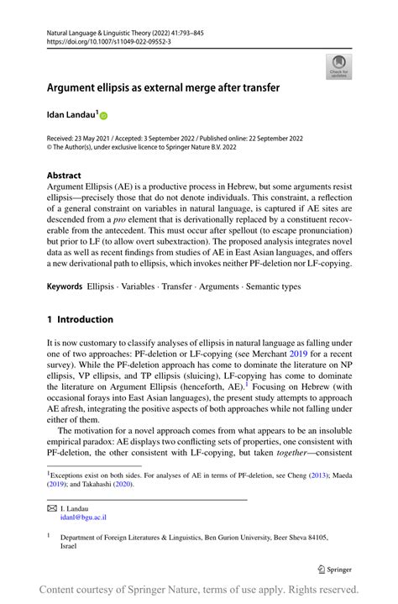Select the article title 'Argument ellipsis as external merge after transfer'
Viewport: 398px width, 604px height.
coord(163,87)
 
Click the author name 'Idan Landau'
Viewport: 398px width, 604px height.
coord(72,113)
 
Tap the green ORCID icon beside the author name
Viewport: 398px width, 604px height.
coord(105,114)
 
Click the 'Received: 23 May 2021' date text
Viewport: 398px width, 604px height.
coord(84,139)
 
